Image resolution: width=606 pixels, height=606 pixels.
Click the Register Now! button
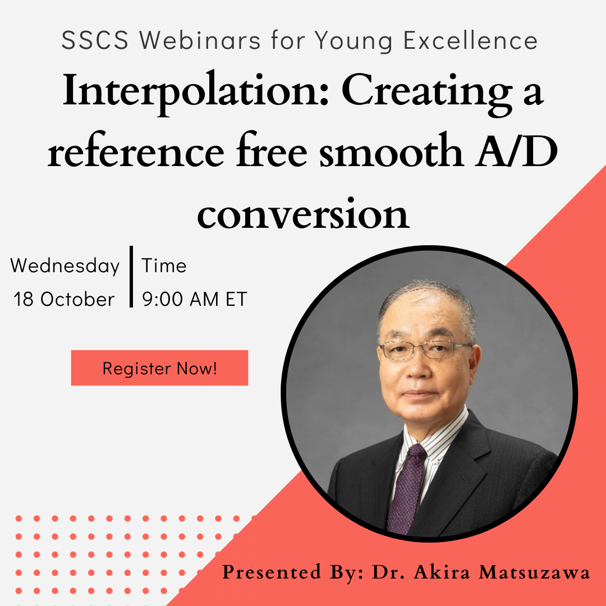point(159,368)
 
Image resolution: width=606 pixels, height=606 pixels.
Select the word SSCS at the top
point(95,40)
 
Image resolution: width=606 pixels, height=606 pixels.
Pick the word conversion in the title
point(303,215)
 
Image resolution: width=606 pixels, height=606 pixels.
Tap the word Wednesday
point(65,266)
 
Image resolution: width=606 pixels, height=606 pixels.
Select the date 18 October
point(65,299)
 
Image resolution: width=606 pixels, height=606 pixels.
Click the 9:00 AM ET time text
point(195,299)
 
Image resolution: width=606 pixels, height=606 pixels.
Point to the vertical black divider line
point(131,277)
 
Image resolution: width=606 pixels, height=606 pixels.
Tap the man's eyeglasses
point(425,350)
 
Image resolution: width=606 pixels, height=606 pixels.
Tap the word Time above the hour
point(164,266)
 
